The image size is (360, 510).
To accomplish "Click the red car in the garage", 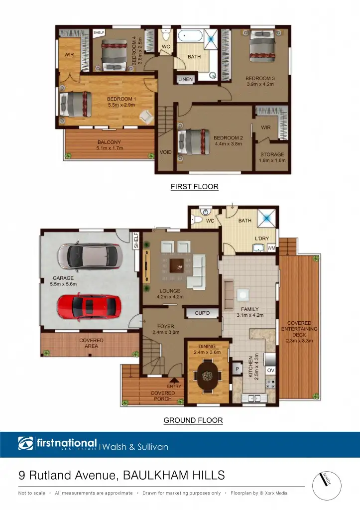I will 89,306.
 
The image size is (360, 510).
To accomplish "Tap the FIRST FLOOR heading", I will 194,187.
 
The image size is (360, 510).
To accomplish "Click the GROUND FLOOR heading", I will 193,420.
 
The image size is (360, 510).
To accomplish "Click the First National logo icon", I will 26,443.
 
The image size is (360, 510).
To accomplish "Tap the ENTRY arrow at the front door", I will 174,381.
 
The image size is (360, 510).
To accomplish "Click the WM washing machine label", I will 271,248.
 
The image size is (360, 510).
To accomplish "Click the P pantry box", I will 237,369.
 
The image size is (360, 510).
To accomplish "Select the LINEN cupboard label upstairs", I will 185,80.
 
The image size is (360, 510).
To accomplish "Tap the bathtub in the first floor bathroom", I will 190,36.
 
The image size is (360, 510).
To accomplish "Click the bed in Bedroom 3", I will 261,45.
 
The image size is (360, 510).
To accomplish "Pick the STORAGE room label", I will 272,154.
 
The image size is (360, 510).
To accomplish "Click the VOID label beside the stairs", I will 165,152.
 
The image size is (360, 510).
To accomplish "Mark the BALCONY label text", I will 109,142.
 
